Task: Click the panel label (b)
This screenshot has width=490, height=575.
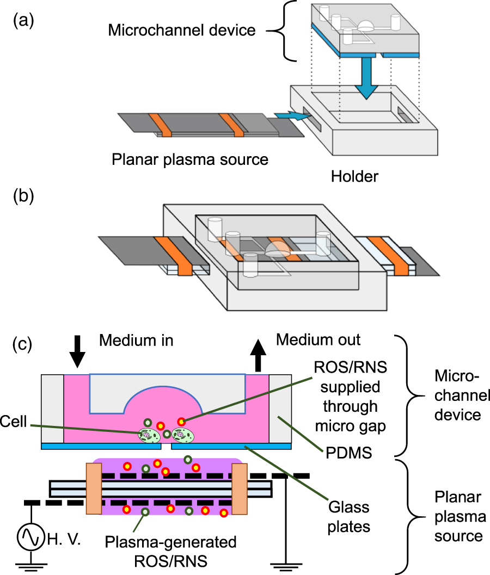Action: (23, 196)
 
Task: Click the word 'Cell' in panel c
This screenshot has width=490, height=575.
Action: (14, 422)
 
